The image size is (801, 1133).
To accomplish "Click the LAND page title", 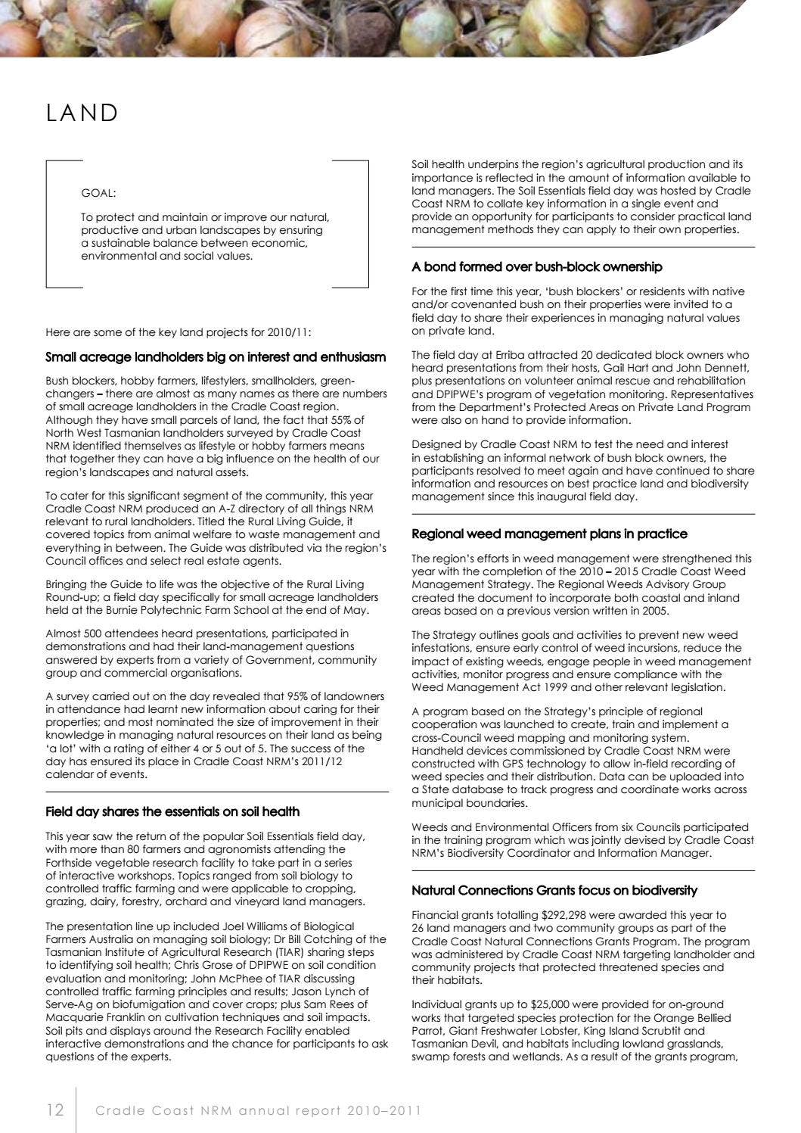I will (82, 113).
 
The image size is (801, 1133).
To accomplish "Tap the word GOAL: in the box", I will (98, 193).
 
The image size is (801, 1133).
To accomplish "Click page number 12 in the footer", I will (54, 1110).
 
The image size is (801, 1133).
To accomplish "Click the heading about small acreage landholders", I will (216, 356).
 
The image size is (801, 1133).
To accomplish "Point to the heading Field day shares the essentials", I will (172, 811).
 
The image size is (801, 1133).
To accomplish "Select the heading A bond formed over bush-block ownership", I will (536, 266).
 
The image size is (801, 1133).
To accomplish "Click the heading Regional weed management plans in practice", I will (549, 534).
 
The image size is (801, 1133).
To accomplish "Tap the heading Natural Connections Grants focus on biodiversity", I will (554, 890).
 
